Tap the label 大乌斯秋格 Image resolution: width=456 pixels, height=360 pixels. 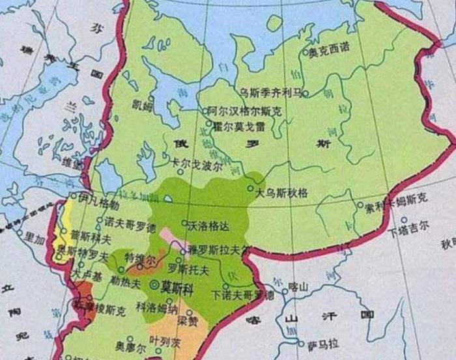281,193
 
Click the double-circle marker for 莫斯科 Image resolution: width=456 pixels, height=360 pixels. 154,284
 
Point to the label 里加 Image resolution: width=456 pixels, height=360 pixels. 34,239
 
